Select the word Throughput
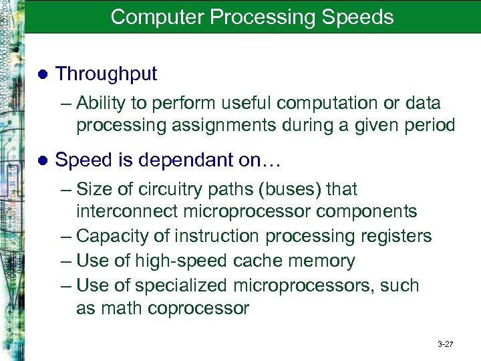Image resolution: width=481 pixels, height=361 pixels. [106, 74]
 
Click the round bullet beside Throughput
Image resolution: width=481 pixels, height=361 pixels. [43, 74]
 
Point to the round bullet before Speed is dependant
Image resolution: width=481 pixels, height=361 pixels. [43, 160]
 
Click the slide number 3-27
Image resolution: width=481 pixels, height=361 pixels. [445, 344]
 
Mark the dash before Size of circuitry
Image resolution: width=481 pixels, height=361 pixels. [65, 190]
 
